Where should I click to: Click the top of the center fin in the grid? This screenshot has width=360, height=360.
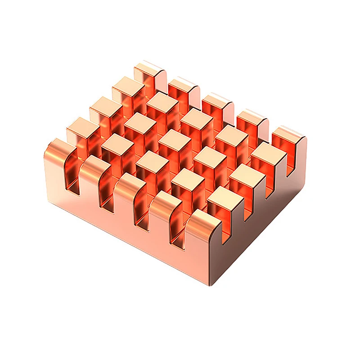[x=175, y=140]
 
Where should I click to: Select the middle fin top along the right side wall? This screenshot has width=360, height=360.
[x=245, y=175]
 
